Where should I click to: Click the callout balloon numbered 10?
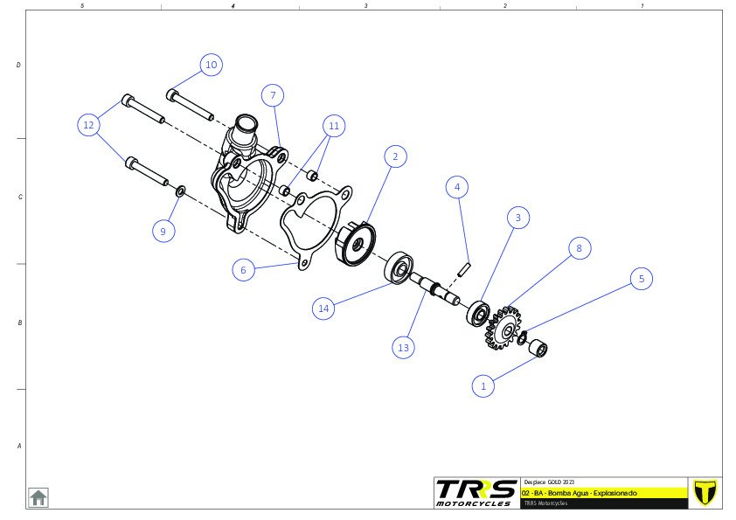(210, 65)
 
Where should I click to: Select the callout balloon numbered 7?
(273, 95)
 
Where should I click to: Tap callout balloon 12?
(88, 126)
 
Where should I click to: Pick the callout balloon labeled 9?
(163, 231)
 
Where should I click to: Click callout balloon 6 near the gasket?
(244, 271)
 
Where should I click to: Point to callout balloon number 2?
(395, 156)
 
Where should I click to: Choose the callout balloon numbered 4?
(456, 186)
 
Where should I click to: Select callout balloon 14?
(324, 308)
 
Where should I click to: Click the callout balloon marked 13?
(403, 347)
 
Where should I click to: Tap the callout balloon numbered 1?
(483, 385)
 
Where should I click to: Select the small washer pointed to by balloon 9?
(180, 190)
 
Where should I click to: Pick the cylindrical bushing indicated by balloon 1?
(539, 349)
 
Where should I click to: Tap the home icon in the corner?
(38, 497)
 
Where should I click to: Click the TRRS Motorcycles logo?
(475, 492)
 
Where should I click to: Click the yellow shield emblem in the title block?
(704, 492)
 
